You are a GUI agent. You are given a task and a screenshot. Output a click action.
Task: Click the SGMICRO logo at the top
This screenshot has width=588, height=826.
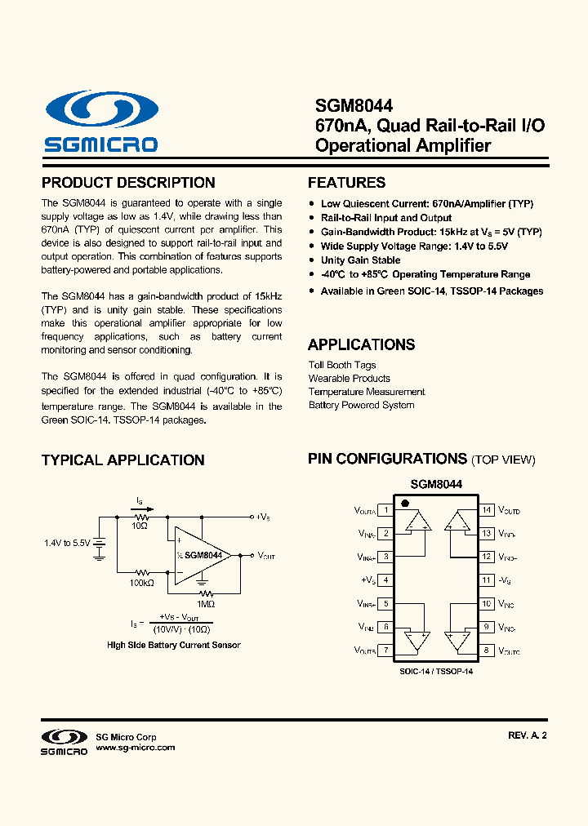click(x=101, y=122)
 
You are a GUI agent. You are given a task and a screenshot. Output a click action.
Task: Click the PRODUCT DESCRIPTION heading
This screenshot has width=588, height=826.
click(x=128, y=183)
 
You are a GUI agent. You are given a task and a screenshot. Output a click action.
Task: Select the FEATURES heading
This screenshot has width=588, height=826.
click(x=346, y=183)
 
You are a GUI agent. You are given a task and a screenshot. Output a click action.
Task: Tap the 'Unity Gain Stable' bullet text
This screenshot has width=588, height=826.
click(x=360, y=260)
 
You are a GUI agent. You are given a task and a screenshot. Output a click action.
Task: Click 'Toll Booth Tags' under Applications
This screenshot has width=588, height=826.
click(x=342, y=365)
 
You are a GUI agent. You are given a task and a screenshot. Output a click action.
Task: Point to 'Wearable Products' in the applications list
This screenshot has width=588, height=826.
click(x=349, y=379)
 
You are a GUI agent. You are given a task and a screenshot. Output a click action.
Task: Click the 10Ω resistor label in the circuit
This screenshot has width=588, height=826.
click(x=140, y=526)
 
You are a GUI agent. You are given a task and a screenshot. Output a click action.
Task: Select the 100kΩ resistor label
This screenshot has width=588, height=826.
click(x=141, y=583)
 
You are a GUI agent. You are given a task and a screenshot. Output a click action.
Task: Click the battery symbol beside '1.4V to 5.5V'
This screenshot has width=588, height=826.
click(x=100, y=546)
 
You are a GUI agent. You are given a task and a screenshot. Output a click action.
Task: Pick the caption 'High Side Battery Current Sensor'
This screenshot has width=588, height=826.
click(x=174, y=645)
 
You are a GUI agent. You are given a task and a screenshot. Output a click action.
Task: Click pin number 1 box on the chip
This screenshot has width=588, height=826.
click(x=385, y=510)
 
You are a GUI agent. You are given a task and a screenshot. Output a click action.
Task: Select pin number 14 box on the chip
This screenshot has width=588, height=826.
click(x=487, y=510)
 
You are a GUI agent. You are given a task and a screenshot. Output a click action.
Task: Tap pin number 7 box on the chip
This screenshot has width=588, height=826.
click(x=385, y=651)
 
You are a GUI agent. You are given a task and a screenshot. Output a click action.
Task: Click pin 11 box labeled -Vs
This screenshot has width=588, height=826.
click(x=487, y=580)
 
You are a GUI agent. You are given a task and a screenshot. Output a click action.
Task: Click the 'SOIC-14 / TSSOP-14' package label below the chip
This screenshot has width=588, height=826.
click(x=436, y=671)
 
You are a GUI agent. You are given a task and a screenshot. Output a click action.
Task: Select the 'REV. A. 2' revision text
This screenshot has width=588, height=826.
click(x=527, y=735)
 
